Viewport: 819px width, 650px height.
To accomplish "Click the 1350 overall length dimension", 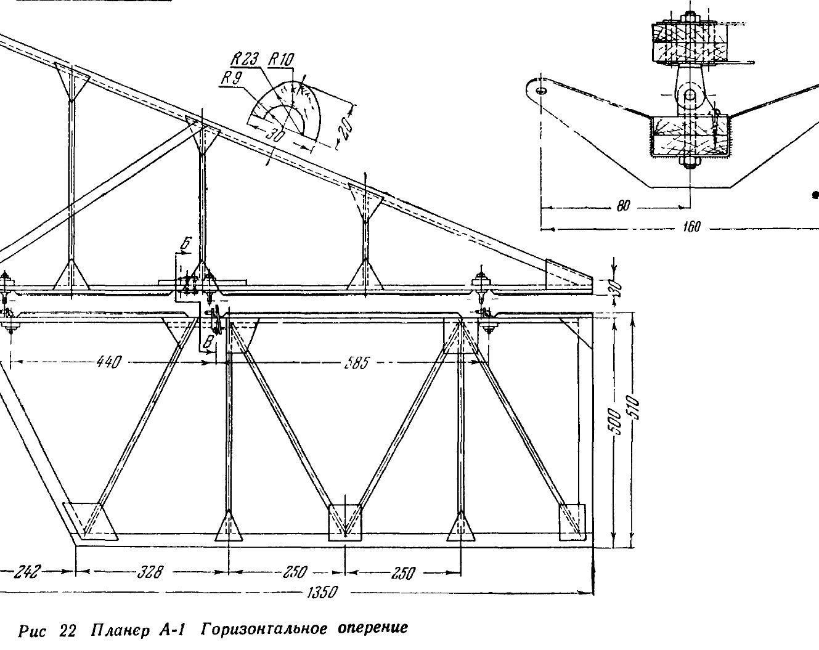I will point(322,593).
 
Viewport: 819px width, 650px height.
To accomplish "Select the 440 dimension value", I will point(109,362).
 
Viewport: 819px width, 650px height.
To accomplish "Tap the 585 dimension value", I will point(356,363).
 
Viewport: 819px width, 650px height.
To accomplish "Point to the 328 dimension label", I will point(150,572).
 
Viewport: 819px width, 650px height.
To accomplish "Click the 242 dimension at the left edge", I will point(26,572).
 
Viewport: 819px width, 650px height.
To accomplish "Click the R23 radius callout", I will point(245,60).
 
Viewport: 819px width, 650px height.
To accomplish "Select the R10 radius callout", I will point(281,59).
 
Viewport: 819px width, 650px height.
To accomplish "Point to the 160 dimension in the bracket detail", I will point(691,227).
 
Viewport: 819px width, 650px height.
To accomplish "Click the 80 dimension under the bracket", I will point(623,206).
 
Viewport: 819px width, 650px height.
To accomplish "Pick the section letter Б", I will point(184,244).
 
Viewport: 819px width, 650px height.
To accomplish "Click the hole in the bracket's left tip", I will point(542,91).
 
